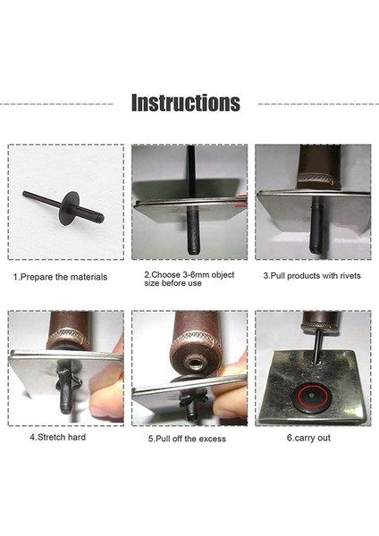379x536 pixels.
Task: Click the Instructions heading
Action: (x=186, y=103)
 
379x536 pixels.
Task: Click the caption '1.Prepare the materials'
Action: (x=60, y=277)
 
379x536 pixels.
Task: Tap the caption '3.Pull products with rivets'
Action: (x=312, y=276)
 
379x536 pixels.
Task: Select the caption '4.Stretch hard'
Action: (x=58, y=437)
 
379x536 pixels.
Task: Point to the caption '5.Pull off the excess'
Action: (x=187, y=439)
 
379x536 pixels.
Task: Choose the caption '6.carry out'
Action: (x=308, y=438)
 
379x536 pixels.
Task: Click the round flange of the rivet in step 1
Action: (x=70, y=208)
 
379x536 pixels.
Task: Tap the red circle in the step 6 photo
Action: (x=312, y=398)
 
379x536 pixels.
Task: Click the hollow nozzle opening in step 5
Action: (x=196, y=363)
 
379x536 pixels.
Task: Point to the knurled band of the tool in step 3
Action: (x=318, y=180)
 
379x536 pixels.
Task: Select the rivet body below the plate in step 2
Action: (x=194, y=231)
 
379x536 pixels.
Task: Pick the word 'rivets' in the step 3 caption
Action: (x=350, y=276)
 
